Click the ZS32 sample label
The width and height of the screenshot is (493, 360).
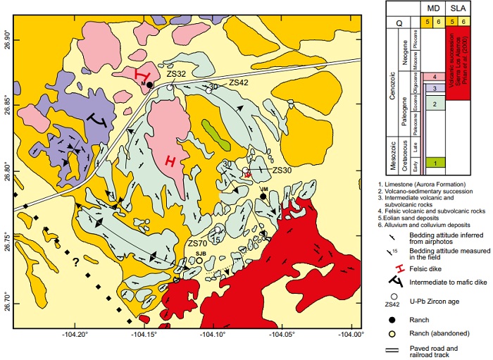point(176,73)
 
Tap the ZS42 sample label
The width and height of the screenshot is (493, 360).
point(239,82)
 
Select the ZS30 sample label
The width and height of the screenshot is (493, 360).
point(282,170)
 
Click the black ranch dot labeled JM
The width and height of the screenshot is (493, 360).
point(263,197)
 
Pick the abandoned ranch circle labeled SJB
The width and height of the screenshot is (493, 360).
point(199,259)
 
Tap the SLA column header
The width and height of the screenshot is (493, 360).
point(459,8)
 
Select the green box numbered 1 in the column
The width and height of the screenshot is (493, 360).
point(436,163)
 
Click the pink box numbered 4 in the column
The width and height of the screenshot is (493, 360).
point(436,76)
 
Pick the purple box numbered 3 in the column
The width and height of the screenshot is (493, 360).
point(436,88)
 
